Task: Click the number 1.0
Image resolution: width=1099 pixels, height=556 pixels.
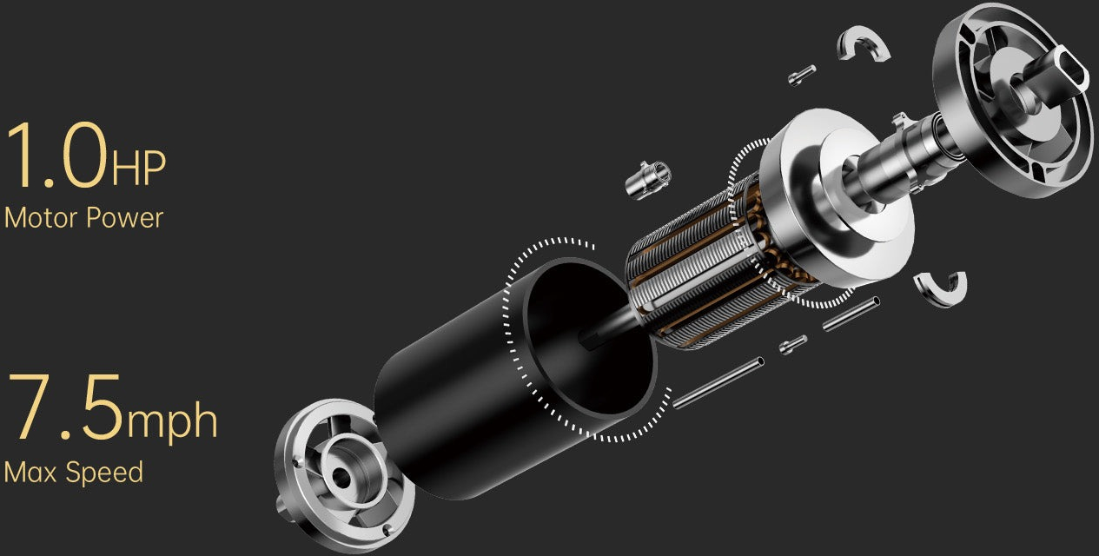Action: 56,155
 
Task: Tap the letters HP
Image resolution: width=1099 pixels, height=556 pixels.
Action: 139,168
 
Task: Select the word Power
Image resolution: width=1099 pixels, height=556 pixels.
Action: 124,218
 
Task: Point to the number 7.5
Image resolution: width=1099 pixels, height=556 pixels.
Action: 64,407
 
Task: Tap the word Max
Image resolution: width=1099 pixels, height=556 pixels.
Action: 30,472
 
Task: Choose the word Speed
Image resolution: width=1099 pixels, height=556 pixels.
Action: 104,473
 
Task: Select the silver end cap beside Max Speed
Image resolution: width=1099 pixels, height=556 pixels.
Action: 343,475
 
